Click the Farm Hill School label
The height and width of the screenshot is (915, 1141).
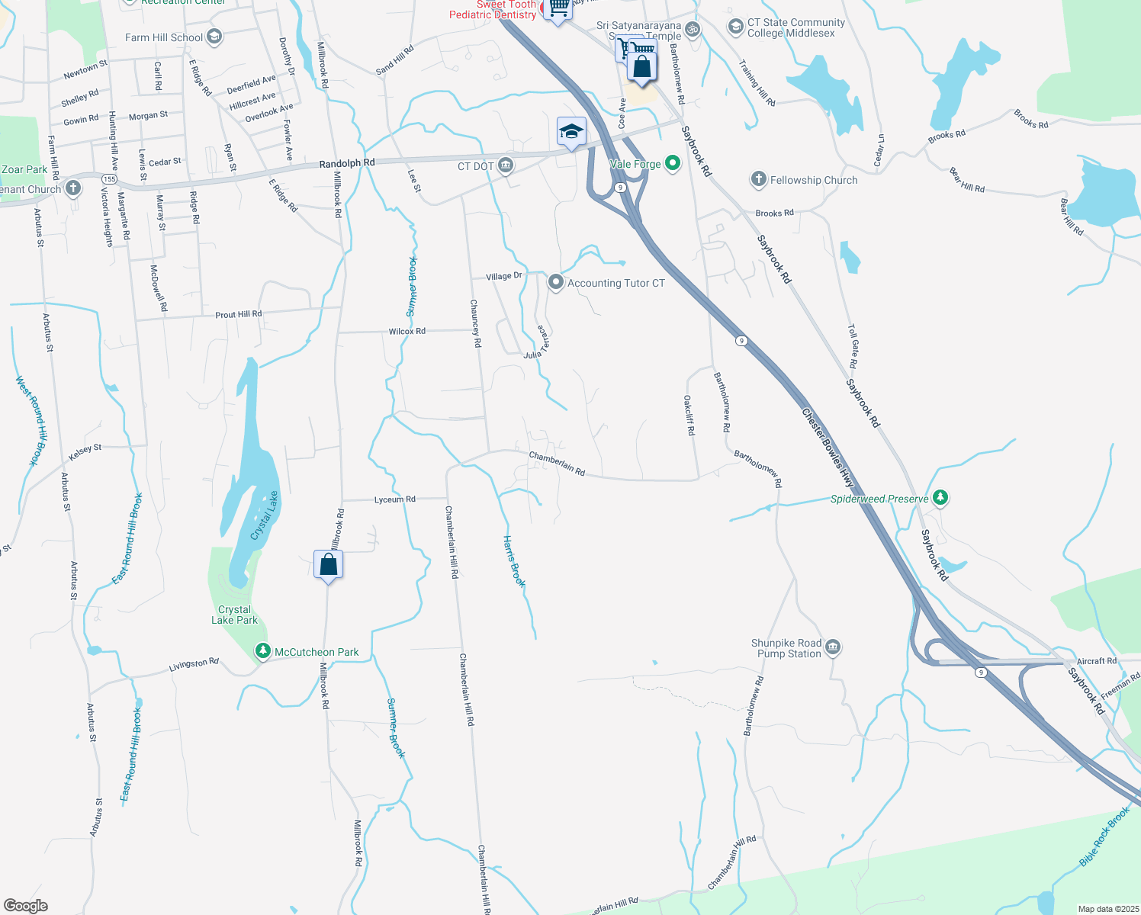[x=164, y=37]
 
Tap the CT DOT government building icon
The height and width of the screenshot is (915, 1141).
[x=506, y=165]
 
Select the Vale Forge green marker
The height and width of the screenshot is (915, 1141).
[x=672, y=163]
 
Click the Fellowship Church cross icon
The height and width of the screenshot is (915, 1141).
[x=758, y=180]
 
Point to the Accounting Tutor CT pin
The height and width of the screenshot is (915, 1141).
[x=556, y=283]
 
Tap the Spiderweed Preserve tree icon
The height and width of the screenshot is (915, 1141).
[x=940, y=499]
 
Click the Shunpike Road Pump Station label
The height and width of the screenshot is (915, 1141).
[x=786, y=648]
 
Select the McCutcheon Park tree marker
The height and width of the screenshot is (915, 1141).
[x=262, y=652]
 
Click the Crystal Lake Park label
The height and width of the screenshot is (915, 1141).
[x=234, y=615]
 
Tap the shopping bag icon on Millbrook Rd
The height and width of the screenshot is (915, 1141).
[x=328, y=565]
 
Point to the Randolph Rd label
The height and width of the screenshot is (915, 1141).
[x=347, y=163]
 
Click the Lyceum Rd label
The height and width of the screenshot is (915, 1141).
[x=395, y=499]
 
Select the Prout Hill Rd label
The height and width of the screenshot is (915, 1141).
[x=238, y=314]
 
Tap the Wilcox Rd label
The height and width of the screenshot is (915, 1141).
[x=407, y=331]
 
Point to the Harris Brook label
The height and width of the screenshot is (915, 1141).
[x=514, y=561]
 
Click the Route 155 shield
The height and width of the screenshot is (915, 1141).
[x=110, y=179]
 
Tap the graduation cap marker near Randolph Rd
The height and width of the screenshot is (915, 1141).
[x=571, y=132]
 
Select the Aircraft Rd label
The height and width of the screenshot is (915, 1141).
[x=1096, y=661]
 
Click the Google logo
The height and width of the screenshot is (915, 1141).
[x=26, y=906]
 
